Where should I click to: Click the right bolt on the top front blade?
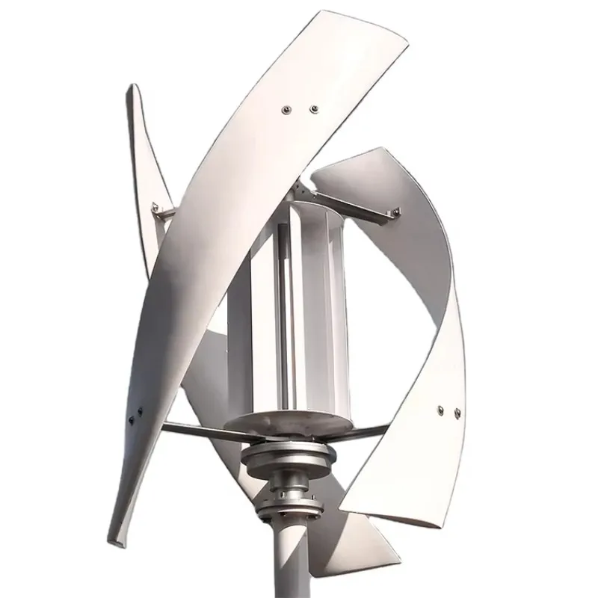point(312,109)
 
